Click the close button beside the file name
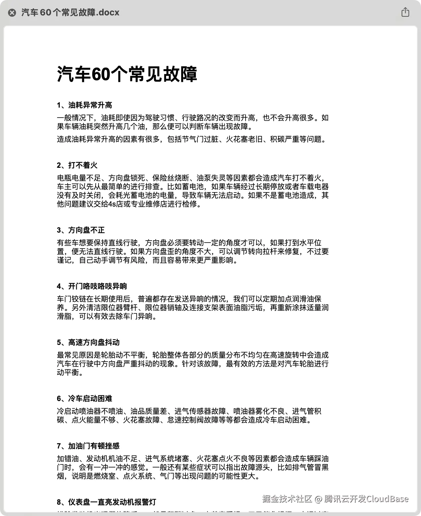pos(12,13)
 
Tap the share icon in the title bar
pos(405,12)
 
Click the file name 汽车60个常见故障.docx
pos(70,13)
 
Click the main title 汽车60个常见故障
pos(127,74)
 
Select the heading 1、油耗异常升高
pos(85,105)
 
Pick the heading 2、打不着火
pos(77,165)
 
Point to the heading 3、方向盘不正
pos(81,230)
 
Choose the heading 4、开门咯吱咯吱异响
pos(92,286)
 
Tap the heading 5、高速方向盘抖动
pos(88,343)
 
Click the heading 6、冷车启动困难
pos(85,399)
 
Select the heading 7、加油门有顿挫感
pos(88,446)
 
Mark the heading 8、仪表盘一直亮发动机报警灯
pos(107,502)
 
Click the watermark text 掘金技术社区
pos(287,499)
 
